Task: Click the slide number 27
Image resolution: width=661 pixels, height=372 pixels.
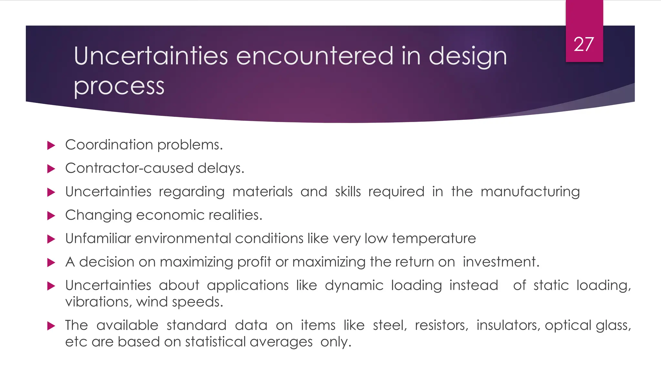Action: tap(584, 44)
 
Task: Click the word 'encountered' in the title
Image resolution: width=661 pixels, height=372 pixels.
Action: tap(315, 56)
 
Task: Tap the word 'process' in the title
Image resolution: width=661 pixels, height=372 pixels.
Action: tap(119, 86)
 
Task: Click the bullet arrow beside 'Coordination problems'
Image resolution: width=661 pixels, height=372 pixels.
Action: tap(51, 145)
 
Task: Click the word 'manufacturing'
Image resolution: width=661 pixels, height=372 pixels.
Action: tap(530, 192)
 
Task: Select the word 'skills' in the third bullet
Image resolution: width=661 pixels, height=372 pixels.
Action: tap(348, 192)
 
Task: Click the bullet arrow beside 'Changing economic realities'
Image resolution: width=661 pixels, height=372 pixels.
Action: tap(51, 216)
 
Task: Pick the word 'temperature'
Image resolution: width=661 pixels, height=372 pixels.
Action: tap(434, 239)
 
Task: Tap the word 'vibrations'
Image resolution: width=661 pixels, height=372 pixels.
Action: tap(97, 302)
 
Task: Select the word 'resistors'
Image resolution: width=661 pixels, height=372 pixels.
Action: tap(441, 325)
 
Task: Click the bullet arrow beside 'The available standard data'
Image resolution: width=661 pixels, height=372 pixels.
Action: tap(51, 326)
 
